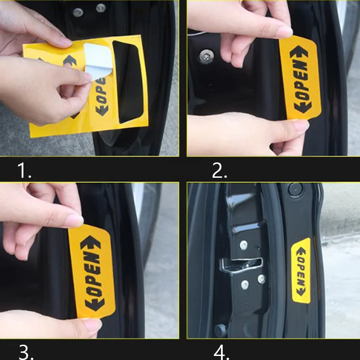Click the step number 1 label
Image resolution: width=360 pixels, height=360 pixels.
pos(24,171)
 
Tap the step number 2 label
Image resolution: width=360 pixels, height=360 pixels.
pos(219,171)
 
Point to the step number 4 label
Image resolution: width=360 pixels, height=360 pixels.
pos(221,351)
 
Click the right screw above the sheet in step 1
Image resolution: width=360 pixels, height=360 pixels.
pos(101,8)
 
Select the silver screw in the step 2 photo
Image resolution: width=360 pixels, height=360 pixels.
pos(207,56)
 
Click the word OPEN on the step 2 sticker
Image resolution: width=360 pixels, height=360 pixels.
pos(302,81)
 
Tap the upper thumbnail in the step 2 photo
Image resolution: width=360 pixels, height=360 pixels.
pos(283,32)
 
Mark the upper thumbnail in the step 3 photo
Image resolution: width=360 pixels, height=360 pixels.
pos(74,220)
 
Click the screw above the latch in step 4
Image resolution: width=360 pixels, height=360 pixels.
pos(243,245)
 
